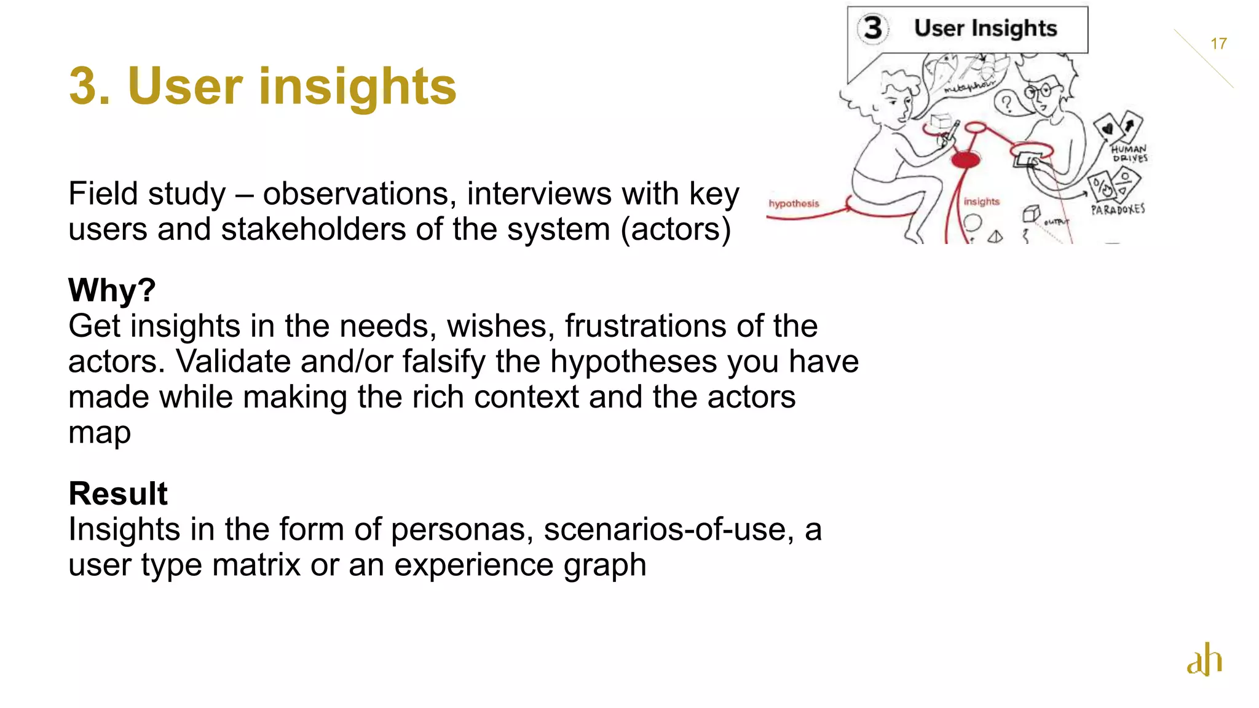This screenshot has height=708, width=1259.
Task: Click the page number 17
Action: (x=1218, y=44)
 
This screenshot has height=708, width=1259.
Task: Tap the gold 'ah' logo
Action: (x=1204, y=660)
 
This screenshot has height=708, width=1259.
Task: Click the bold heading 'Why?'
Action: (x=112, y=290)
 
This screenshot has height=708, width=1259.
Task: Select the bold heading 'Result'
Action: (x=118, y=494)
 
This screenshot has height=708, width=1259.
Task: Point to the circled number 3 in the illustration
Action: (x=873, y=28)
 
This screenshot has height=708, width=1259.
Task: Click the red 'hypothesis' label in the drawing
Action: (x=794, y=203)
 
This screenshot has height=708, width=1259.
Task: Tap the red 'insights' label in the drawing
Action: (x=981, y=202)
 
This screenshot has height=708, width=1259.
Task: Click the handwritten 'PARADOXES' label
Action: (x=1118, y=210)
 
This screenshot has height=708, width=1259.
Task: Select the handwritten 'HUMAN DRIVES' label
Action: (x=1129, y=153)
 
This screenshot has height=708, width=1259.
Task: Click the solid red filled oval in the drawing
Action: (x=966, y=160)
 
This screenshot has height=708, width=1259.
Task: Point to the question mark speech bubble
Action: (x=1006, y=103)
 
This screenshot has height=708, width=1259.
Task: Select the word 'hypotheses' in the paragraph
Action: (x=633, y=361)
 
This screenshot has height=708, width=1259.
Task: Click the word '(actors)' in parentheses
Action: (x=676, y=229)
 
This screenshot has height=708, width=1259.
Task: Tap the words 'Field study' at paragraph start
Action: (x=147, y=194)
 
